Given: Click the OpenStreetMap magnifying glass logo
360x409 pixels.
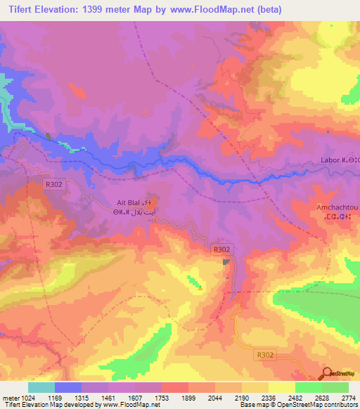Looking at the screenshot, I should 328,374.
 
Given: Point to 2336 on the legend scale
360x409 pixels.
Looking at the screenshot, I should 264,397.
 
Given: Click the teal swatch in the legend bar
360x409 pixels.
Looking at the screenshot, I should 41,387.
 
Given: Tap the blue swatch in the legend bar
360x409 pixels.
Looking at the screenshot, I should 68,387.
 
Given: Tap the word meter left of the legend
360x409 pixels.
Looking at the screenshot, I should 9,397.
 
